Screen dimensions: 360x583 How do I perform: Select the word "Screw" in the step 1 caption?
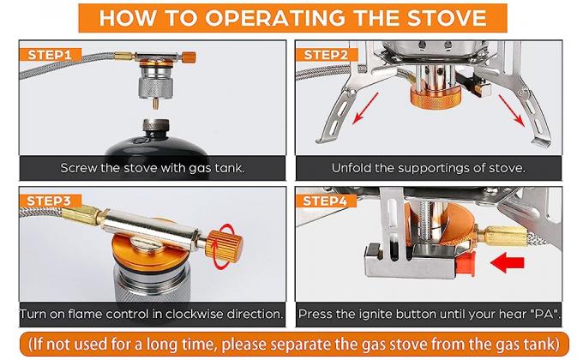(81, 167)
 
